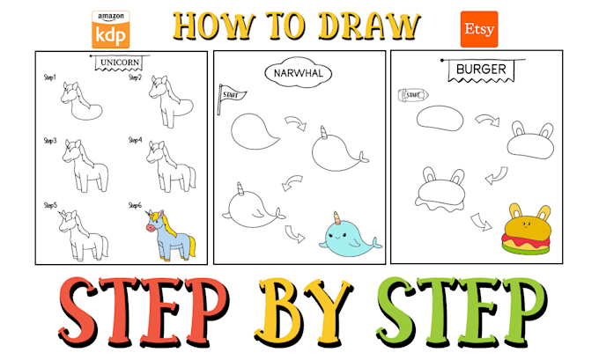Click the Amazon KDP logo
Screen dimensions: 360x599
(x=110, y=29)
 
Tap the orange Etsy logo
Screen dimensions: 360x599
(x=478, y=29)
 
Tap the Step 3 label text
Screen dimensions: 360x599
(x=50, y=140)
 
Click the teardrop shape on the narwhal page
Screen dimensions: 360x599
(x=255, y=134)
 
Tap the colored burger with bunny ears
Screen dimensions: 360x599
(x=523, y=231)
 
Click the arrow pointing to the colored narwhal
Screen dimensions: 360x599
(x=296, y=235)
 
